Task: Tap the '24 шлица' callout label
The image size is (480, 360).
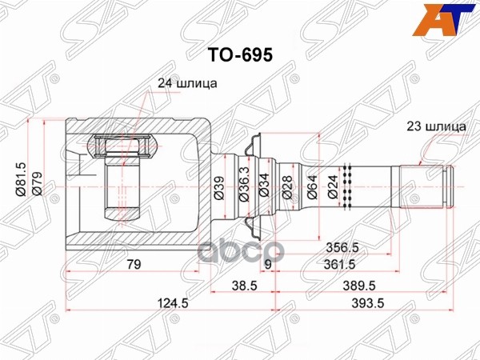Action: pyautogui.click(x=185, y=82)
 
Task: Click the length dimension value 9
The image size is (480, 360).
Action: pyautogui.click(x=269, y=264)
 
